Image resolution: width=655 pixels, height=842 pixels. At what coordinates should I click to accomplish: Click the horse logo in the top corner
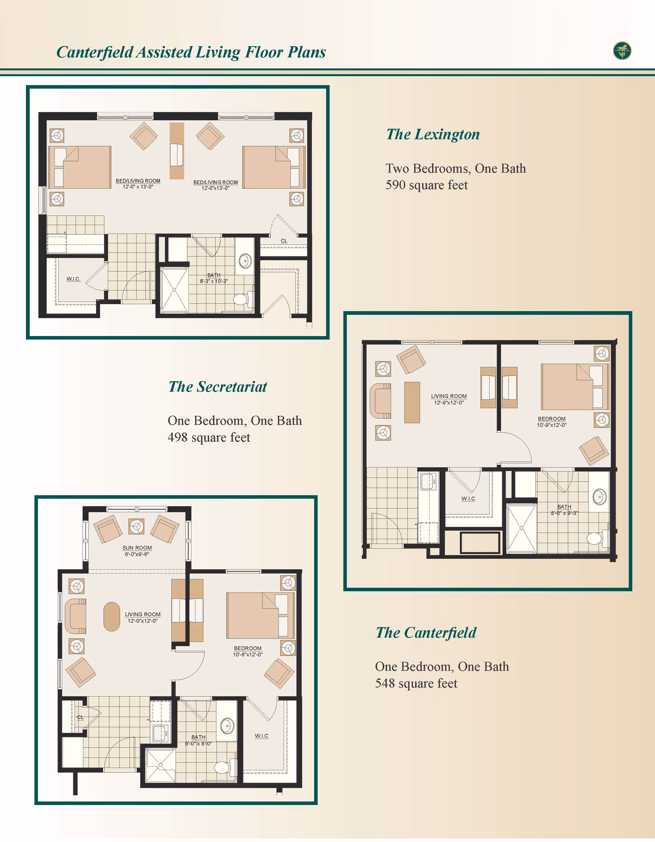[622, 51]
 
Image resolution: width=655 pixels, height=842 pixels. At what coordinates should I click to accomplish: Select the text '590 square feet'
[427, 185]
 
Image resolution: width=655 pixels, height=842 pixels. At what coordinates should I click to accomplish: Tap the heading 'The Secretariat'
[218, 387]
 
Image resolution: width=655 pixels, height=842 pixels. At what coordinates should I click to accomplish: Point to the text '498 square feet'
[209, 438]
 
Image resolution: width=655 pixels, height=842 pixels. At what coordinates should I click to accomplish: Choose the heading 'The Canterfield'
[426, 633]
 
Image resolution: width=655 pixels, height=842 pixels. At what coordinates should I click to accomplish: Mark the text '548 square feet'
[416, 683]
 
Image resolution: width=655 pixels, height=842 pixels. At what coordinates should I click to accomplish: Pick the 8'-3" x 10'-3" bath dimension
[214, 281]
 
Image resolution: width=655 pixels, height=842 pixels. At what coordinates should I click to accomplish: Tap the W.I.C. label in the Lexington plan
[73, 279]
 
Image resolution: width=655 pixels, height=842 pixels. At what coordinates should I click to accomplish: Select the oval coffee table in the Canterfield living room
[112, 617]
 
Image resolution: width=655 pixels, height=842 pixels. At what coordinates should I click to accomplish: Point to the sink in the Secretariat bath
[599, 497]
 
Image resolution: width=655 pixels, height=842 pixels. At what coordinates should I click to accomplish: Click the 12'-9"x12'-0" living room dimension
[449, 402]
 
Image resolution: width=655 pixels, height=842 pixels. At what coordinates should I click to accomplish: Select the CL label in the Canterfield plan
[80, 717]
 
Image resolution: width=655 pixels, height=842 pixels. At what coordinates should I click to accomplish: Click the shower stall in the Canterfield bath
[160, 765]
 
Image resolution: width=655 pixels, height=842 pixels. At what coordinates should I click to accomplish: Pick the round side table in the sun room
[136, 526]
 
